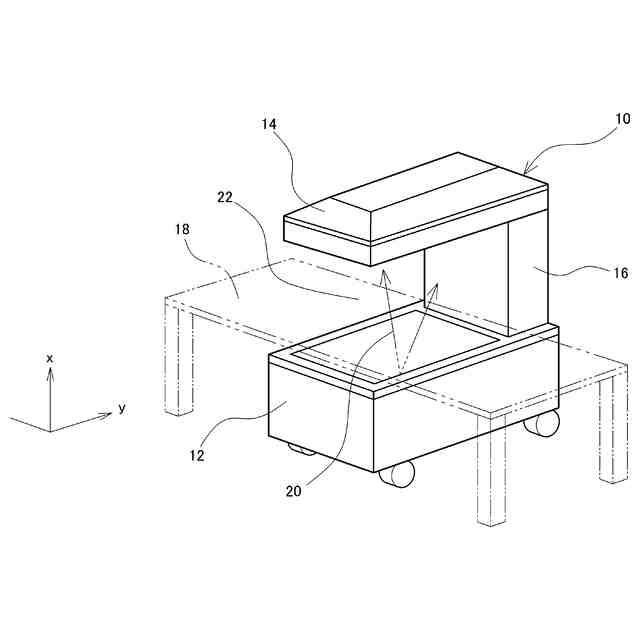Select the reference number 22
[225, 198]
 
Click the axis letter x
[50, 357]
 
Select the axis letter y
[121, 408]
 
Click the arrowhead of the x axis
[50, 372]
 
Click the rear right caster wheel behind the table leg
[542, 423]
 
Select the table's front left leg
[178, 360]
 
